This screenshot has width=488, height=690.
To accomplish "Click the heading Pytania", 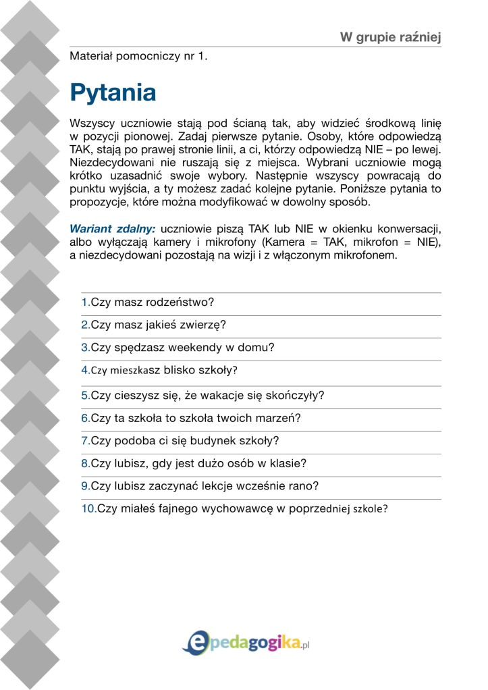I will pos(113,92).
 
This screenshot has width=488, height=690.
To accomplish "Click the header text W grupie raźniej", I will pos(390,36).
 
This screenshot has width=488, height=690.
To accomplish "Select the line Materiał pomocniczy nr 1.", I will pos(138,57).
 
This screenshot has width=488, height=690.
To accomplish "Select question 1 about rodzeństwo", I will pos(152,302).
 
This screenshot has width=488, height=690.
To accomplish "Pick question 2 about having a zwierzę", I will pos(153,325).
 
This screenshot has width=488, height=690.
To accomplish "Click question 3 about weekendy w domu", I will pos(178,348).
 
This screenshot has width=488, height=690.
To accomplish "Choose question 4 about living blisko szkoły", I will pos(159,370).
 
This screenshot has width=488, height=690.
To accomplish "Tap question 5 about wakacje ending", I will pos(202,396).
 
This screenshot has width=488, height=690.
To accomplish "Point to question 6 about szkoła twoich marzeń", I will pos(191,418).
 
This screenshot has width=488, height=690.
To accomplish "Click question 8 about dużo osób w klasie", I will pos(194,463).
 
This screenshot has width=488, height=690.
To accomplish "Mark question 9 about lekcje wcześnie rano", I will pos(200,485).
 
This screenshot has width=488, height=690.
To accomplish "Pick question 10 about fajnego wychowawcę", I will pos(234,509).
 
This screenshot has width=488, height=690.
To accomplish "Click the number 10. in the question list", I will pos(88,509).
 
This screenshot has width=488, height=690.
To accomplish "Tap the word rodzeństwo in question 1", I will pos(186,302).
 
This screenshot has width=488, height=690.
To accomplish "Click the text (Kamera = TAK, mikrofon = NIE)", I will pos(355,242).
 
